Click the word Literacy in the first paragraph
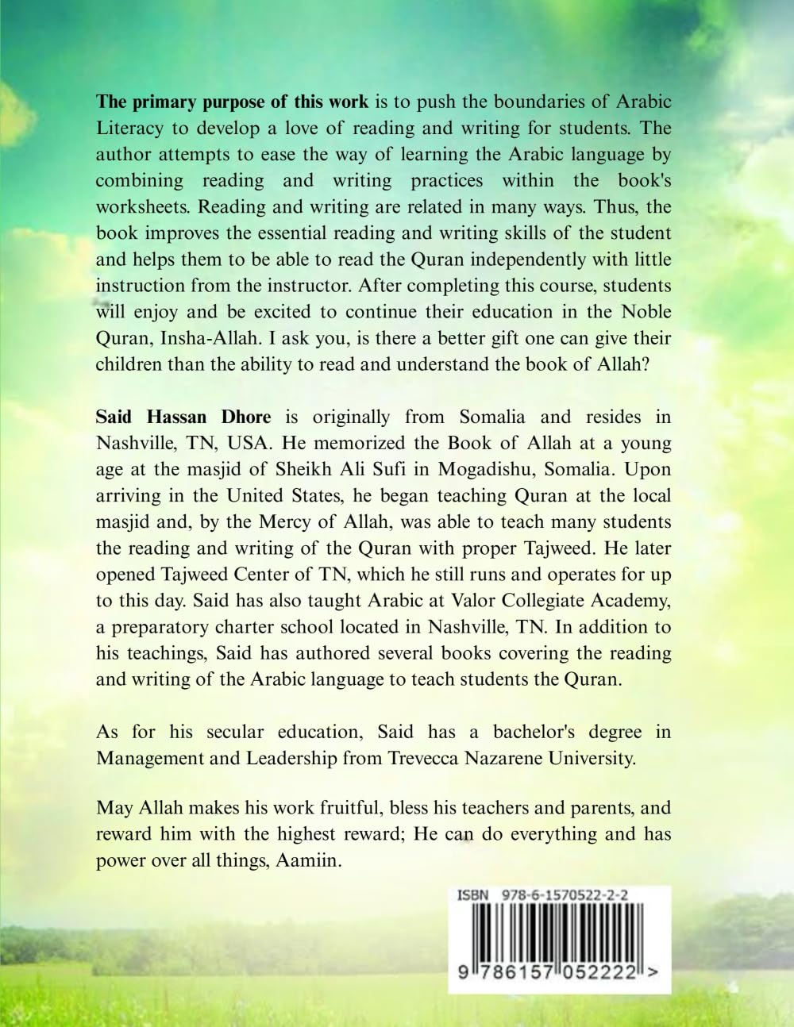coord(129,128)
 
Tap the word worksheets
coord(144,206)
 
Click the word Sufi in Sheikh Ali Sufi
coord(408,469)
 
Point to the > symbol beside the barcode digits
coord(653,972)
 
